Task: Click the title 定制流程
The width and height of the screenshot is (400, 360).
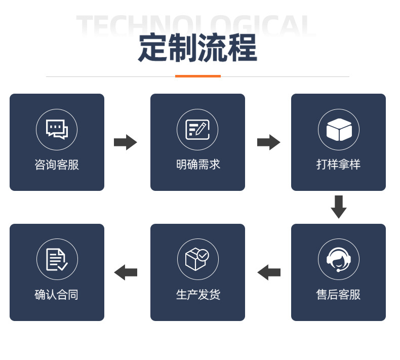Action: tap(197, 49)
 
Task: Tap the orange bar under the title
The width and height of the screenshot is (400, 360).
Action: tap(198, 76)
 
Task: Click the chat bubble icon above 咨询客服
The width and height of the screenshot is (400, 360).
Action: tap(57, 129)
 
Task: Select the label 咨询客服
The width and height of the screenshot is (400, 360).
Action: tap(57, 165)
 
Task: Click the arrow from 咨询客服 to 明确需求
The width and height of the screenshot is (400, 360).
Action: tap(126, 142)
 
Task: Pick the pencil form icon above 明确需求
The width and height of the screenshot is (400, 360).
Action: tap(197, 129)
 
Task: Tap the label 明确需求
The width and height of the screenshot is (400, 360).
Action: tap(198, 165)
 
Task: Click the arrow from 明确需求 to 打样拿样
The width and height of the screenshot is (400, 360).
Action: tap(268, 142)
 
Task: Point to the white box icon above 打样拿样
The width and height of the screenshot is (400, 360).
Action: tap(339, 130)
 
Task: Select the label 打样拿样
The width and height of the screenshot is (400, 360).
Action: tap(338, 165)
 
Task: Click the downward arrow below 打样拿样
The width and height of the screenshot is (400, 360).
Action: tap(338, 207)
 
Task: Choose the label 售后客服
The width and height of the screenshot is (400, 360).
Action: tap(338, 295)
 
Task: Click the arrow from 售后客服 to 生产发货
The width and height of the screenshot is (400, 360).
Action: tap(269, 272)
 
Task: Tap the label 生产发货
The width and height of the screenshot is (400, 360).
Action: tap(198, 295)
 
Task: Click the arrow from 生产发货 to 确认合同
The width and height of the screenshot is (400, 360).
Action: tap(126, 272)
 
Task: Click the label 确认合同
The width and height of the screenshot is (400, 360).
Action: tap(57, 295)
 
